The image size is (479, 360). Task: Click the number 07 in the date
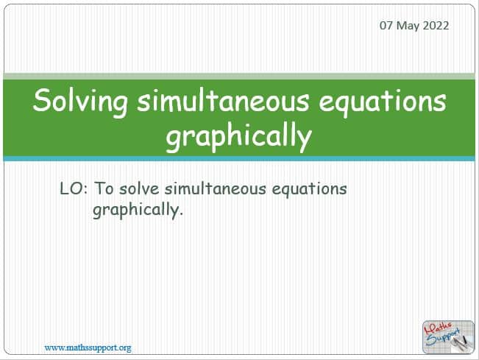[x=386, y=25]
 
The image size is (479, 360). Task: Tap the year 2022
[x=436, y=25]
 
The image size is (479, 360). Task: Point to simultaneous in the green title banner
[x=223, y=101]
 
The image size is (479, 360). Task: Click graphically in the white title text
[x=238, y=137]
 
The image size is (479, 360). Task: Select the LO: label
[x=74, y=188]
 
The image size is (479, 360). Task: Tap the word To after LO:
[x=104, y=188]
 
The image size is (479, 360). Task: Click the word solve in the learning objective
[x=139, y=188]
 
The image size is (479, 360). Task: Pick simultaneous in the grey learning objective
[x=215, y=188]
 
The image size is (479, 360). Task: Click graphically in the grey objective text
[x=138, y=211]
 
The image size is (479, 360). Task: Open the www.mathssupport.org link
[x=88, y=347]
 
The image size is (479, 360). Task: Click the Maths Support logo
[x=448, y=337]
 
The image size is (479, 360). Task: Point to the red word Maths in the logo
[x=438, y=328]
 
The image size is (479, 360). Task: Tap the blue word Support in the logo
[x=443, y=338]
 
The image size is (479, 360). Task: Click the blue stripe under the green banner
[x=239, y=158]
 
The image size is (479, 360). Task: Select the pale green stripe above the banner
[x=239, y=76]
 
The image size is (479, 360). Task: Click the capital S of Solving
[x=41, y=101]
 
